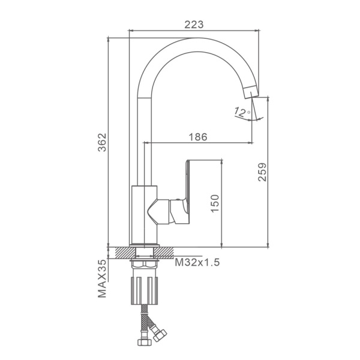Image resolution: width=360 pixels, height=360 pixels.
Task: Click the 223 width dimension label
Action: click(194, 25)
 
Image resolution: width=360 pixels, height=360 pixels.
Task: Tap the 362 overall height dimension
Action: click(102, 142)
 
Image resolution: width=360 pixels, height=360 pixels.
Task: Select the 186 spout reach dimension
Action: click(198, 137)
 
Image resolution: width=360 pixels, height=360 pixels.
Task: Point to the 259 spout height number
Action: click(262, 172)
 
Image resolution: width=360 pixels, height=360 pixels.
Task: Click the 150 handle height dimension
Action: click(215, 203)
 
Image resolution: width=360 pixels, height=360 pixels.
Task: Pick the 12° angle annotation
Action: click(242, 113)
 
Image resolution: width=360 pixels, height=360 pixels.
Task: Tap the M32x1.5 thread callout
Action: click(197, 262)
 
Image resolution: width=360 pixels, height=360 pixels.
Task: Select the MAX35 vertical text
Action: click(102, 278)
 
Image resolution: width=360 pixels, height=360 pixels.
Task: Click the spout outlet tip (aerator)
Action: click(251, 92)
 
